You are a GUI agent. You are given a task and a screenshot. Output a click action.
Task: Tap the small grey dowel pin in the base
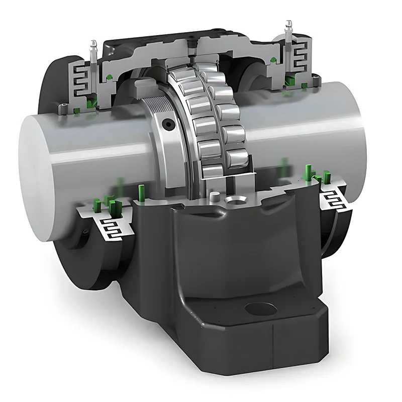215,196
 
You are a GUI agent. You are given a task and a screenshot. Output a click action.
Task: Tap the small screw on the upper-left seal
65,105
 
